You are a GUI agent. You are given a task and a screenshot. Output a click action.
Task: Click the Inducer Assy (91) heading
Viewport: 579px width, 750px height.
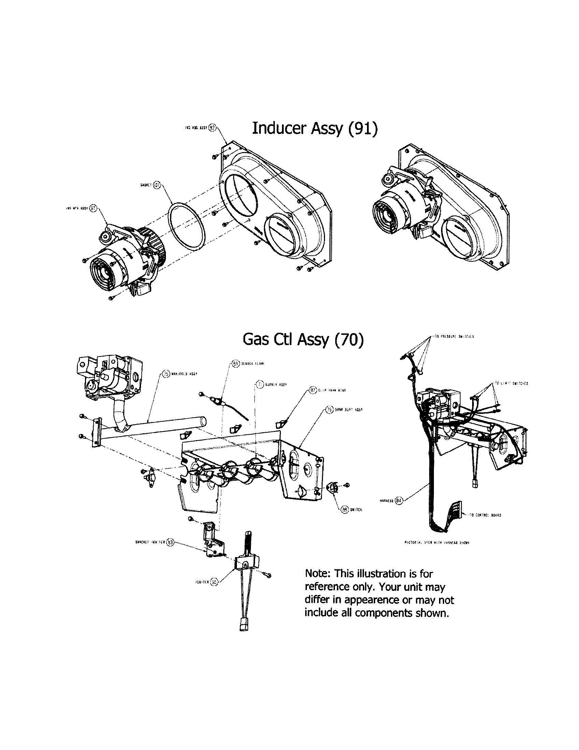click(x=315, y=128)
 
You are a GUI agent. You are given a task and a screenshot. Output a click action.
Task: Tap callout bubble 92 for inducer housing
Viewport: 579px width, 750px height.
click(x=212, y=127)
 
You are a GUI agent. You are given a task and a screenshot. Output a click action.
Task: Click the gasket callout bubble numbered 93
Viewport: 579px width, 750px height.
click(x=156, y=184)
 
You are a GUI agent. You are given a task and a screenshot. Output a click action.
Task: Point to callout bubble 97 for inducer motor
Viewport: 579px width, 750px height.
click(x=93, y=208)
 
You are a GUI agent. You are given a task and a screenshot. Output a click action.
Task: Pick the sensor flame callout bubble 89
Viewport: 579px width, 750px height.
click(x=236, y=364)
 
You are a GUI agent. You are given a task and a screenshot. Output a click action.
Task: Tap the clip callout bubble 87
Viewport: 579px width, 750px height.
click(x=312, y=390)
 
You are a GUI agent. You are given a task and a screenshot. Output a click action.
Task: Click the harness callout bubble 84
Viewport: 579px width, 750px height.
click(x=398, y=500)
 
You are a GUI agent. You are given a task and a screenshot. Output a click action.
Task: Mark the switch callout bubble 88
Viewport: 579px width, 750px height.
click(x=344, y=510)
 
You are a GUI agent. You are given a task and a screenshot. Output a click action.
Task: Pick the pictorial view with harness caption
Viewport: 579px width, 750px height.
click(x=436, y=543)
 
